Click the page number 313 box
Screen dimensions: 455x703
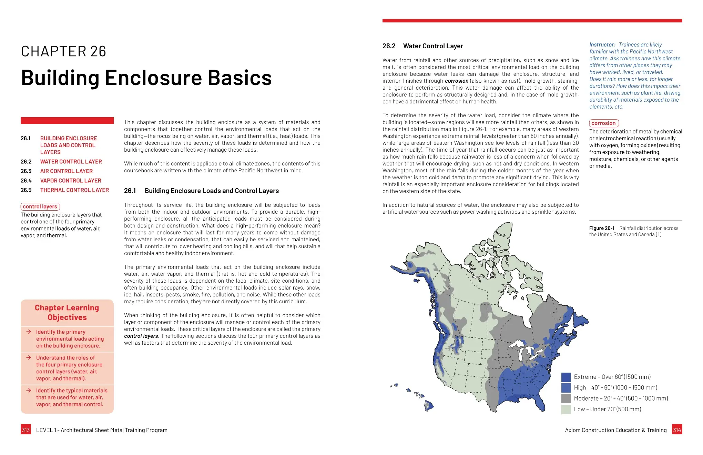(x=26, y=429)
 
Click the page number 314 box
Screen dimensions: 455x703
(x=677, y=429)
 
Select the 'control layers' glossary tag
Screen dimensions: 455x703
(x=40, y=206)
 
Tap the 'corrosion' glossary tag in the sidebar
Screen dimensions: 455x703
(x=603, y=123)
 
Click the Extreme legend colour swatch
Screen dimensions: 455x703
(x=566, y=377)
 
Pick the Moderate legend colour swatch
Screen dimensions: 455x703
(x=566, y=398)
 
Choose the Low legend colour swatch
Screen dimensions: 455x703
(x=566, y=409)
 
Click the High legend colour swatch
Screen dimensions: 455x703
(x=566, y=387)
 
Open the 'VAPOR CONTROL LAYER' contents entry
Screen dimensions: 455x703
(x=71, y=181)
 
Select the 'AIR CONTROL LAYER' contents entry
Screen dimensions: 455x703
(x=67, y=171)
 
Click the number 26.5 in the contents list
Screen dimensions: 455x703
(x=26, y=190)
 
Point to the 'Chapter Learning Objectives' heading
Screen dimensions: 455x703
(x=67, y=312)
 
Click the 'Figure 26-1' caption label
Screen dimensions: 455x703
(x=602, y=228)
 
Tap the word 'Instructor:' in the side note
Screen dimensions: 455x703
(x=602, y=45)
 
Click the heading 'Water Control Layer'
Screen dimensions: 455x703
(x=433, y=46)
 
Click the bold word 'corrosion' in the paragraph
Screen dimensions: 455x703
(x=456, y=81)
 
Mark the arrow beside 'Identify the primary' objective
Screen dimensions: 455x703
(x=29, y=332)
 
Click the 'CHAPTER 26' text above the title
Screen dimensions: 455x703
(x=63, y=51)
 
